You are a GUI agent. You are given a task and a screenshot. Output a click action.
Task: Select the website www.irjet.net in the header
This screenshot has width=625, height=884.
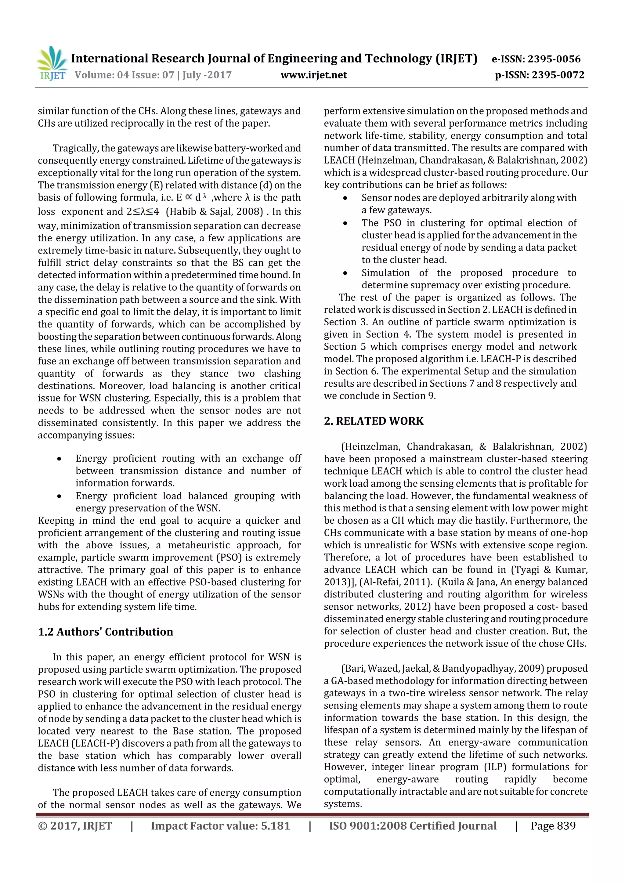313,75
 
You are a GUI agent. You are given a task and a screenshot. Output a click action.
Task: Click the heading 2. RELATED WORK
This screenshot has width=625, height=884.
374,421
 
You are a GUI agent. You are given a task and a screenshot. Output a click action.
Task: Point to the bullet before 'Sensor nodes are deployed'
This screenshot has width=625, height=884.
345,198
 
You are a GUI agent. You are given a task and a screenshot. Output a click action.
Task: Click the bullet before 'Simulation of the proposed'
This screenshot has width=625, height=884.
345,273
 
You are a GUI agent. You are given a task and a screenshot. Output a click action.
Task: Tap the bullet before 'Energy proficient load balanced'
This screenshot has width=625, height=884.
59,496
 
